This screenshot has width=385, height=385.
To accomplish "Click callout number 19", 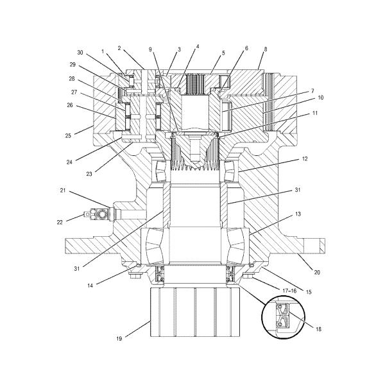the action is coord(119,339).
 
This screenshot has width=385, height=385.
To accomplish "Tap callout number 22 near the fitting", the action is coord(60,222).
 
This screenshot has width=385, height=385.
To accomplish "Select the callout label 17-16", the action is coord(289,291).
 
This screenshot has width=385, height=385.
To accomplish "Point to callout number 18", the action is coord(318,329).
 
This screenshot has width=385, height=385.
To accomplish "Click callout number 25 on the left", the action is coord(68,136).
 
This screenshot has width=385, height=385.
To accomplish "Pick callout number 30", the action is coord(80,53).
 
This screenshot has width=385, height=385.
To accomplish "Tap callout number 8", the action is coord(266,49).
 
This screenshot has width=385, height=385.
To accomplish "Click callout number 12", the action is coord(305,158).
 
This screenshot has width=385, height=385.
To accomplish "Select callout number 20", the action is coord(317,272).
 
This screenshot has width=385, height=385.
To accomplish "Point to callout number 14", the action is coord(90,286).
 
